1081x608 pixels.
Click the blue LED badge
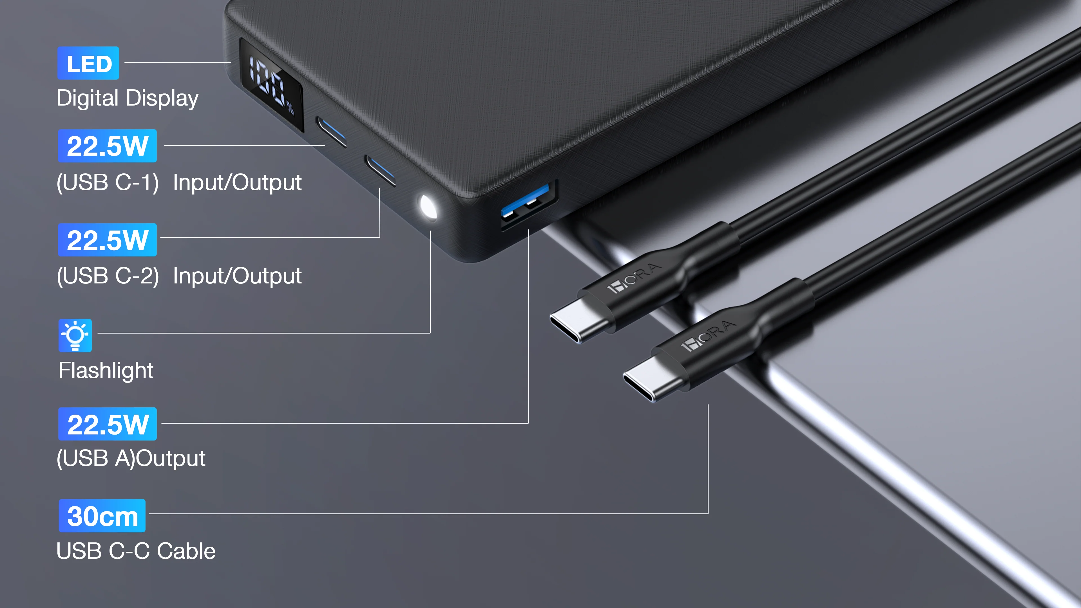click(x=88, y=63)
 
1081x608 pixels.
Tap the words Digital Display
click(x=128, y=99)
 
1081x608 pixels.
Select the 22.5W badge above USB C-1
click(x=108, y=146)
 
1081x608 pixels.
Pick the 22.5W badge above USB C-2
click(x=108, y=240)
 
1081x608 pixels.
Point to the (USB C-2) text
click(x=108, y=276)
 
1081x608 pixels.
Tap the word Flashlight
click(x=106, y=370)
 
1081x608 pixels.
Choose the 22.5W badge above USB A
click(x=108, y=424)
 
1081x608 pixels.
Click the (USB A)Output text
click(x=131, y=458)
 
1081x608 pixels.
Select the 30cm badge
click(x=102, y=516)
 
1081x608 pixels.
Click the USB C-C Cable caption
click(x=136, y=551)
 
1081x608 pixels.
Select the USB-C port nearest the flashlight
click(x=380, y=170)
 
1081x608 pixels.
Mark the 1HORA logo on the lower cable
click(x=708, y=336)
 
